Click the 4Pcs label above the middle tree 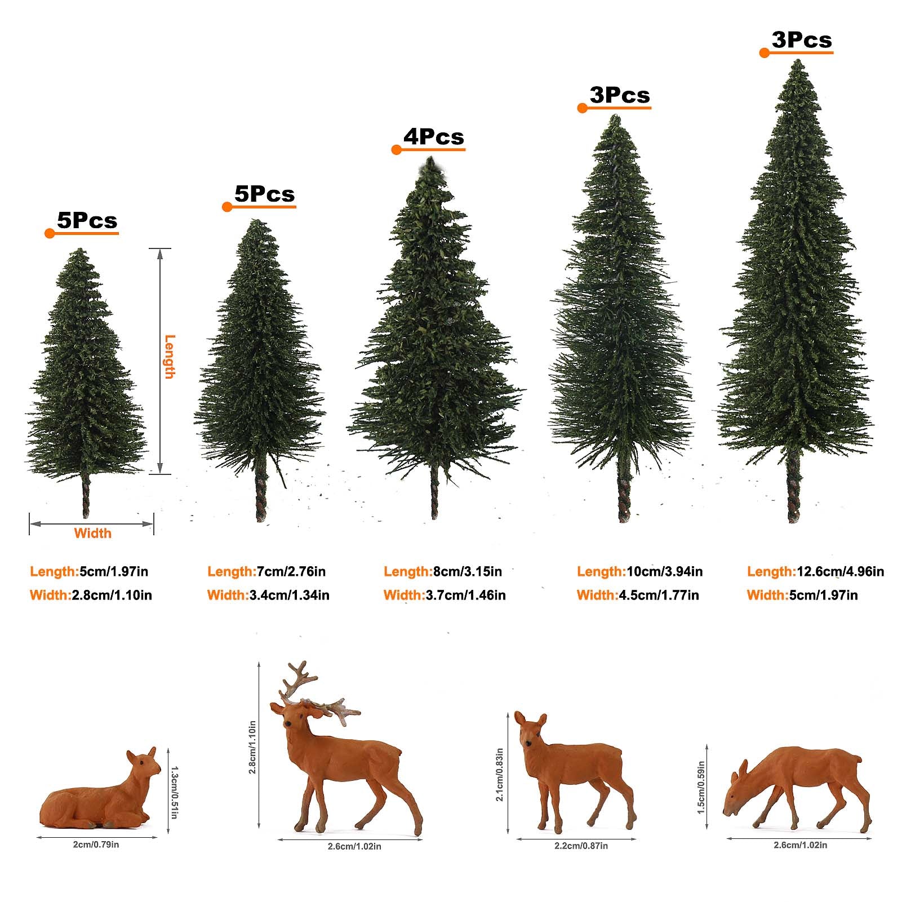pos(433,137)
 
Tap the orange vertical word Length pos(170,357)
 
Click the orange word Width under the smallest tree pos(92,533)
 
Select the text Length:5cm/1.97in pos(89,571)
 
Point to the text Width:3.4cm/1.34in pos(268,595)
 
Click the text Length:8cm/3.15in pos(443,571)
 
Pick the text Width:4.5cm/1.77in pos(638,595)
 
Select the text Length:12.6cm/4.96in pos(815,571)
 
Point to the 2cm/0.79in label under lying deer pos(97,844)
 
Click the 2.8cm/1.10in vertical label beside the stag pos(252,747)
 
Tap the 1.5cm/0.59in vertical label pos(701,788)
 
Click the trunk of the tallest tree pos(793,487)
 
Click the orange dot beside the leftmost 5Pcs pos(50,233)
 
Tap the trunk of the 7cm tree pos(261,496)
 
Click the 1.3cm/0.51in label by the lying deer pos(174,792)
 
